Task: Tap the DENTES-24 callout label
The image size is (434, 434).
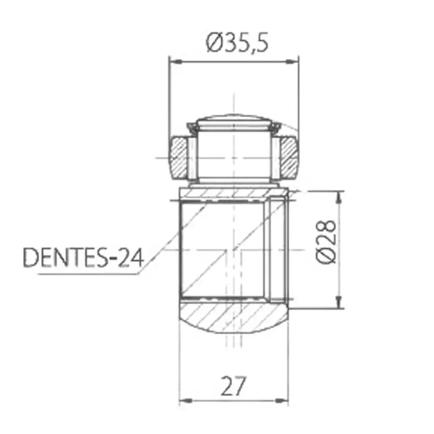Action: pos(82,258)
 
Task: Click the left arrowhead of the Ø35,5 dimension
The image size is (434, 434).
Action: pos(174,62)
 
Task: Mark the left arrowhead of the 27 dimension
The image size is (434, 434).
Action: pos(185,400)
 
